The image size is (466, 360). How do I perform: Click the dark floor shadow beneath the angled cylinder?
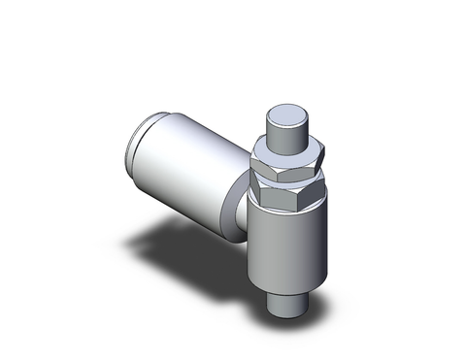tap(194, 243)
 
